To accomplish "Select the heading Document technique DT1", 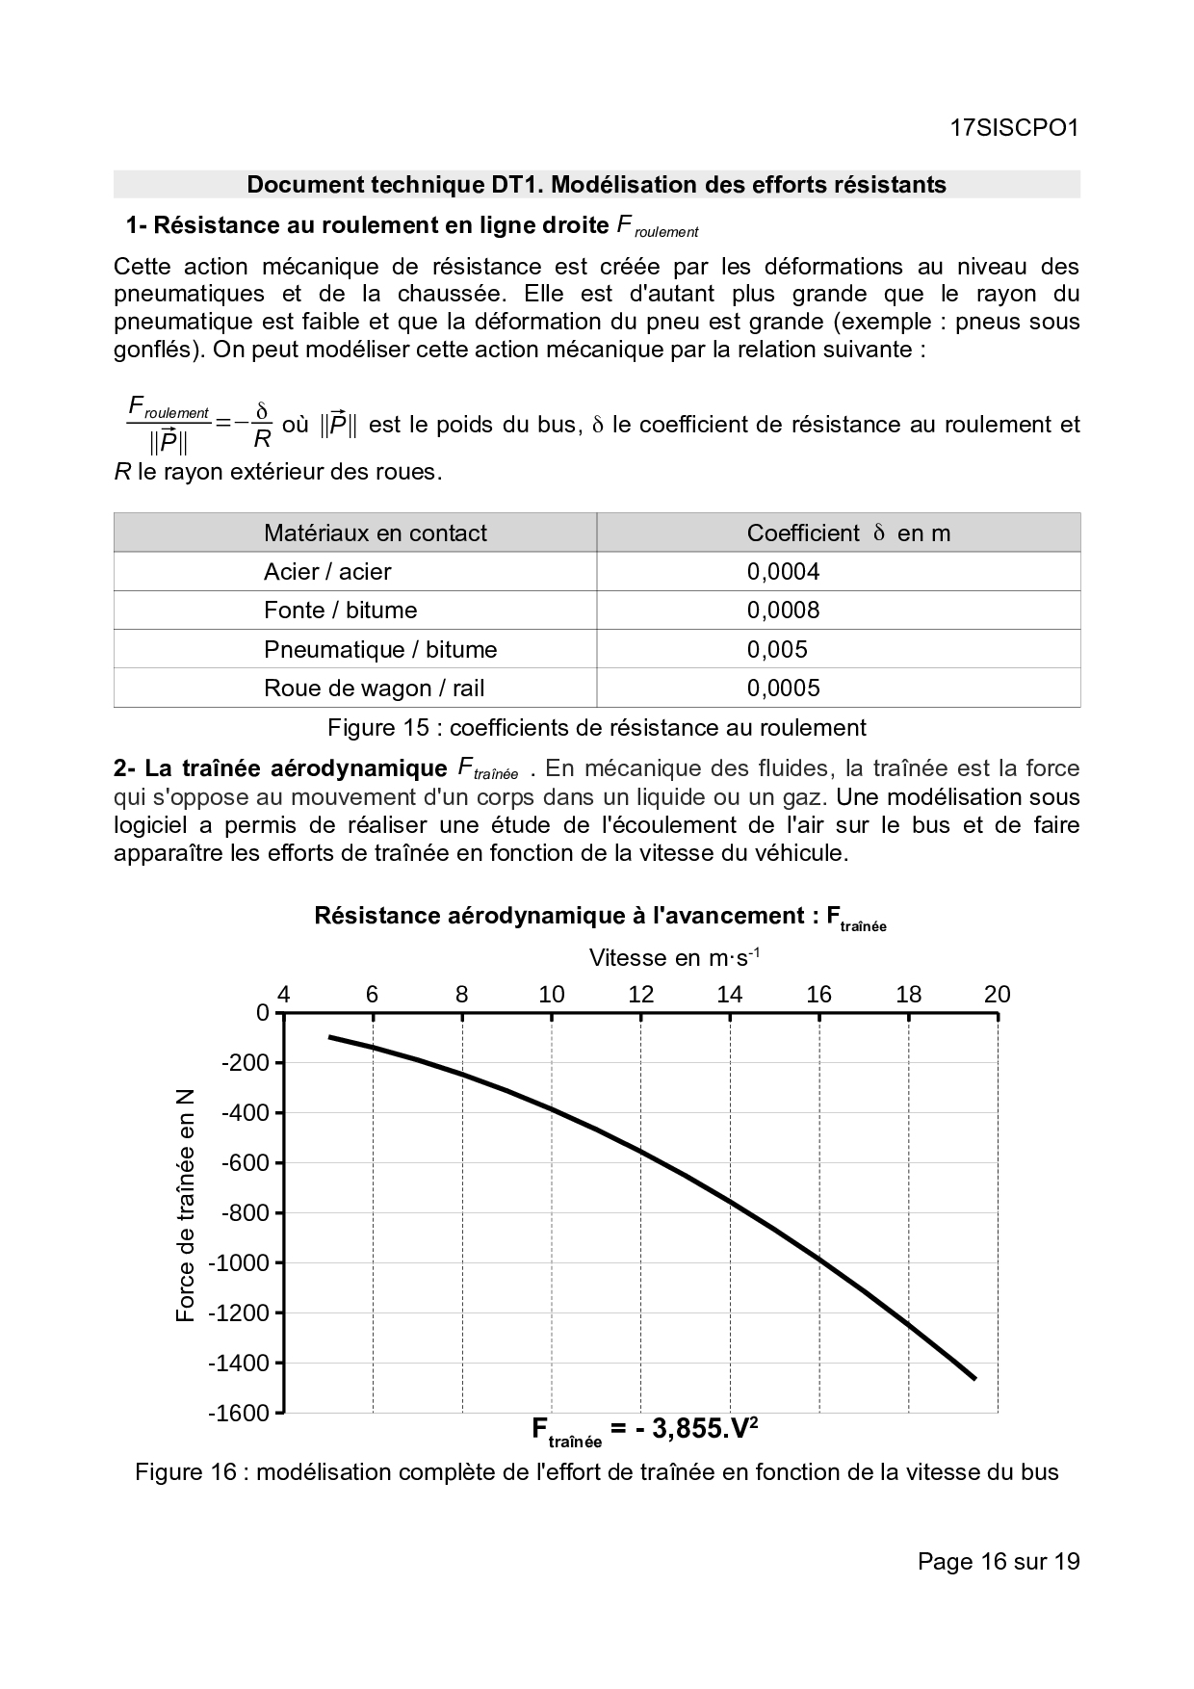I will (596, 185).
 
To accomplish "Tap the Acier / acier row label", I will (327, 572).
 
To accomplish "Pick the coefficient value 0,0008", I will (783, 611).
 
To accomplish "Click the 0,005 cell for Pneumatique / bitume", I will (777, 650).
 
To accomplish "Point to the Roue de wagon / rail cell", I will (374, 689).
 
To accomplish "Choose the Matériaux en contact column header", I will (375, 533).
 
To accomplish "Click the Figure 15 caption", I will (596, 728).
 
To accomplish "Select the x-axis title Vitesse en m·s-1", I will (674, 958).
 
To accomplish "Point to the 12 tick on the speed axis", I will (640, 995).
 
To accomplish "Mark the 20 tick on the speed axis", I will (997, 995).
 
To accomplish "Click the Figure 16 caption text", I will (596, 1472).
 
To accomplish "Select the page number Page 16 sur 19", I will (999, 1561).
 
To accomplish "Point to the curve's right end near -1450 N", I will (974, 1378).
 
